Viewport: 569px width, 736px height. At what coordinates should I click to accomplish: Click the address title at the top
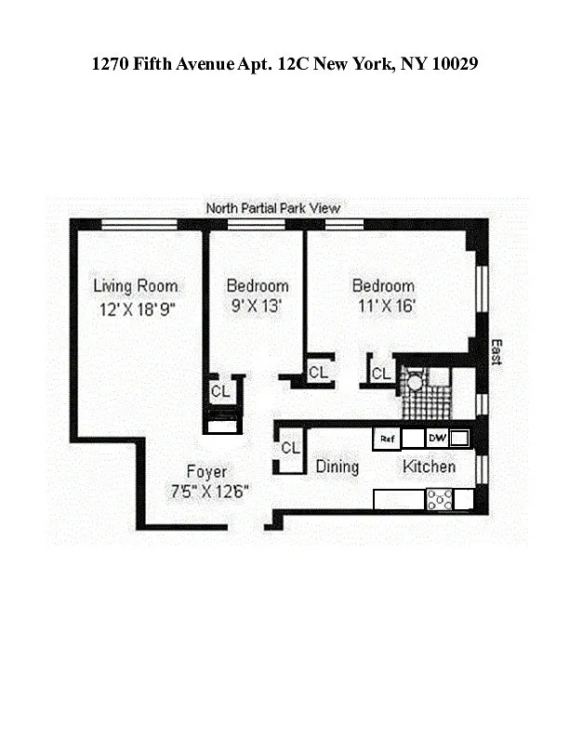(284, 63)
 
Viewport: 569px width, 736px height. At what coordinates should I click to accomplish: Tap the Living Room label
(135, 286)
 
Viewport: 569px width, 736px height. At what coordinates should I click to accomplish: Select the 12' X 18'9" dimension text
(137, 309)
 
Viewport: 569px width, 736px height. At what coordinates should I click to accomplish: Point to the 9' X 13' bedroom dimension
(257, 306)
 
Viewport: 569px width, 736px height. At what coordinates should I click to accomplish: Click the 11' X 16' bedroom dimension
(387, 306)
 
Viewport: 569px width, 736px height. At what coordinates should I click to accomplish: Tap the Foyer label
(206, 471)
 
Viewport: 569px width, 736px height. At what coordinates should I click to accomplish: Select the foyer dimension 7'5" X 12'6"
(209, 491)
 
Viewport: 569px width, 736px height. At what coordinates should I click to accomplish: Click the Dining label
(337, 467)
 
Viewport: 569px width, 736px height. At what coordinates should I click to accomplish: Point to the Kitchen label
(430, 467)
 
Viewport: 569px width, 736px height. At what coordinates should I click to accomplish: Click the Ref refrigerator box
(387, 439)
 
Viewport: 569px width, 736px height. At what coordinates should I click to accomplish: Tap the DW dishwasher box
(437, 439)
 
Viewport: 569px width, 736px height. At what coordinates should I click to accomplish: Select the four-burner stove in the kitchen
(440, 499)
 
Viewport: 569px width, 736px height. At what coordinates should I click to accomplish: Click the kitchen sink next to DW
(459, 439)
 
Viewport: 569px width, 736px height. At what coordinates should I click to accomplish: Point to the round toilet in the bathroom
(415, 381)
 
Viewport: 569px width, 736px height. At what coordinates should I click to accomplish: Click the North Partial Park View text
(273, 208)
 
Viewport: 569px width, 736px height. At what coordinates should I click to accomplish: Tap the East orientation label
(496, 352)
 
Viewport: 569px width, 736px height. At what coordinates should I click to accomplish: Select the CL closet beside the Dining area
(290, 449)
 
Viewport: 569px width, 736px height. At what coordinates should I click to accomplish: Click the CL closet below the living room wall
(220, 391)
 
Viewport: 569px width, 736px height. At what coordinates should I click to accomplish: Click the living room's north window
(139, 225)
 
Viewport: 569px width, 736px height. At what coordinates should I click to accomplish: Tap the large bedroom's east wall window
(482, 289)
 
